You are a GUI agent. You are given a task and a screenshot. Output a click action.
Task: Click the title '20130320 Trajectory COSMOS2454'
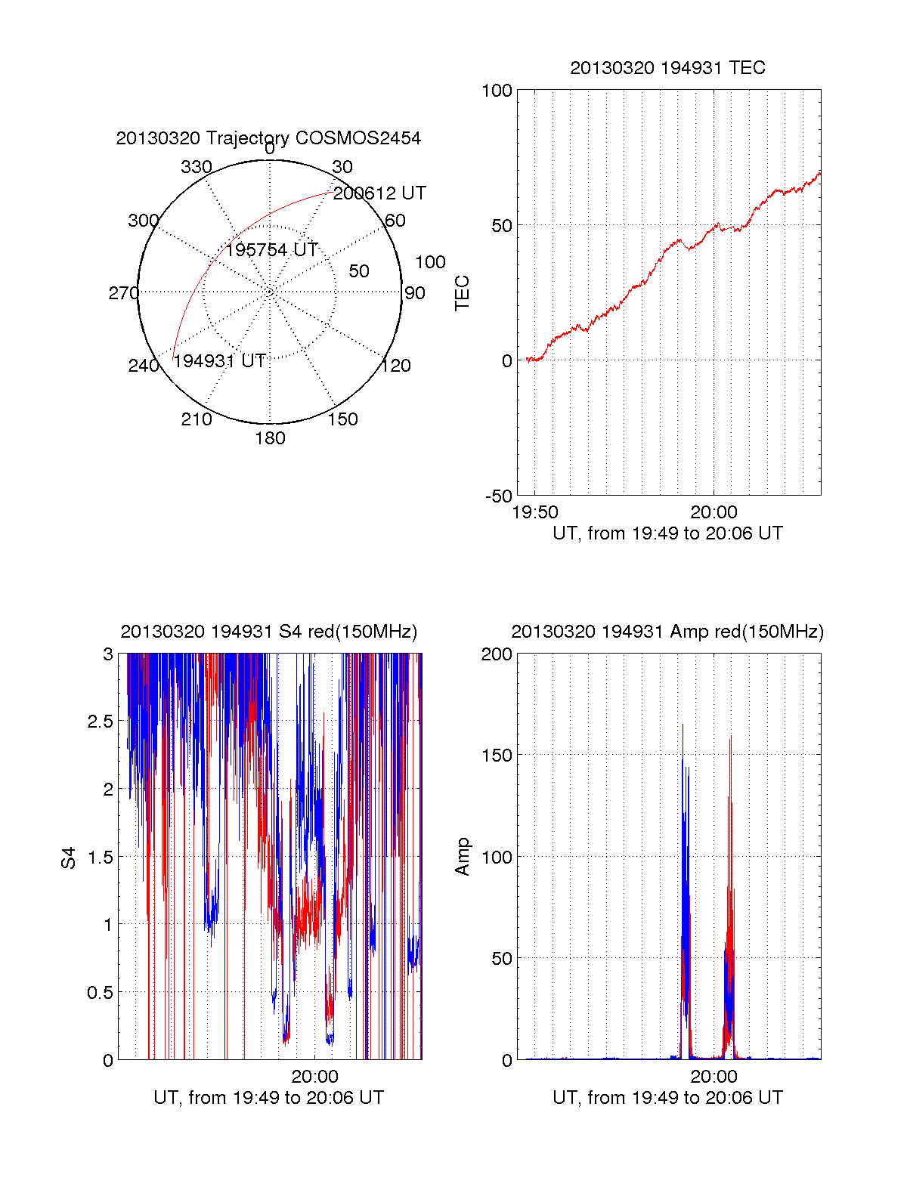pyautogui.click(x=268, y=138)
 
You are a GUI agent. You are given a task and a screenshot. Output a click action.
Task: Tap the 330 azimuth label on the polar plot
pyautogui.click(x=196, y=167)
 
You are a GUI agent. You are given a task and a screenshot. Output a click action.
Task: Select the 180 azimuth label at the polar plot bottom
pyautogui.click(x=270, y=438)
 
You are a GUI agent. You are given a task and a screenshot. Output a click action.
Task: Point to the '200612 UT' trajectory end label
pyautogui.click(x=379, y=193)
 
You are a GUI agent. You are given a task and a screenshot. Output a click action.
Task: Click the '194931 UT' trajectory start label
pyautogui.click(x=219, y=361)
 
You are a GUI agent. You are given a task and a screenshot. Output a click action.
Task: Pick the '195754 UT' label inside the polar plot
pyautogui.click(x=271, y=250)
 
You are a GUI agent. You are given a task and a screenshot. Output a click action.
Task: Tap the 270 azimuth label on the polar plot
pyautogui.click(x=124, y=293)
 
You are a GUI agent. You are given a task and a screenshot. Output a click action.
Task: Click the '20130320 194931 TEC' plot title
pyautogui.click(x=667, y=68)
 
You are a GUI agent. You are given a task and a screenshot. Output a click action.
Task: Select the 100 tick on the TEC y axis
pyautogui.click(x=497, y=91)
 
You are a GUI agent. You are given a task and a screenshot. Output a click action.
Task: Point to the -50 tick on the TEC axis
pyautogui.click(x=498, y=496)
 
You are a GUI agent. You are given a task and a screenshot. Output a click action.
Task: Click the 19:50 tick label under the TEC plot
pyautogui.click(x=535, y=512)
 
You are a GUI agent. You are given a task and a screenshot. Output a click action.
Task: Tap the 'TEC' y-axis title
pyautogui.click(x=462, y=293)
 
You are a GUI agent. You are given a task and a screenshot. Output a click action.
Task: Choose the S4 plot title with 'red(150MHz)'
pyautogui.click(x=268, y=632)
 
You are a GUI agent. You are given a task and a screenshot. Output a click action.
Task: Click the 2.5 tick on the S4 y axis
pyautogui.click(x=101, y=722)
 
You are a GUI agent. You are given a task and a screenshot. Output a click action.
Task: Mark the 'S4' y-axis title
pyautogui.click(x=69, y=858)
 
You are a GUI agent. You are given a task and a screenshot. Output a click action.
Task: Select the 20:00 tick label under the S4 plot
pyautogui.click(x=314, y=1076)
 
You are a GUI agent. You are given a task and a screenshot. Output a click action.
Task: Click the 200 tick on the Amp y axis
pyautogui.click(x=497, y=654)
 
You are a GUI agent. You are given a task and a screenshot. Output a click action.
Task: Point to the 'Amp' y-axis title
pyautogui.click(x=462, y=857)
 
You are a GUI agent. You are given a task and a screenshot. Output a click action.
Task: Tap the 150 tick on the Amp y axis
pyautogui.click(x=497, y=756)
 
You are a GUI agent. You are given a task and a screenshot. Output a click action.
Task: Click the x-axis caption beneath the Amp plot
pyautogui.click(x=667, y=1098)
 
